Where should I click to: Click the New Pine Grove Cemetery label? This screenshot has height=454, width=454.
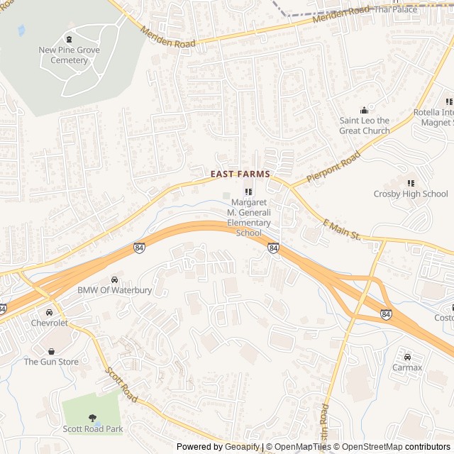[69, 55]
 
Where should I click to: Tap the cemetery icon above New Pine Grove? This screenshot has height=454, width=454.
[69, 39]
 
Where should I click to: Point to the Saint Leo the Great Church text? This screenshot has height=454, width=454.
[364, 126]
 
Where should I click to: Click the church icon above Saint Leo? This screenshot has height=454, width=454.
[364, 110]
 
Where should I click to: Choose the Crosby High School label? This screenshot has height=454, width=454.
[411, 194]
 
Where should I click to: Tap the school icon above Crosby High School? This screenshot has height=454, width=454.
[411, 183]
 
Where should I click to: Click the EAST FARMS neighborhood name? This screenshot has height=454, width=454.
[240, 174]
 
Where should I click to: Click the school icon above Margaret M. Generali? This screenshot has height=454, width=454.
[248, 192]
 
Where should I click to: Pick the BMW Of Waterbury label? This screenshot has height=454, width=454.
[114, 290]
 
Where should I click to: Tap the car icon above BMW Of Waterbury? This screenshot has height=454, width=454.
[114, 279]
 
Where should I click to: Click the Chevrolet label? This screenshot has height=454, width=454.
[49, 323]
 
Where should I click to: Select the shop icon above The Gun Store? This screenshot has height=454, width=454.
[52, 350]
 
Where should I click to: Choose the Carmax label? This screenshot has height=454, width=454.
[407, 367]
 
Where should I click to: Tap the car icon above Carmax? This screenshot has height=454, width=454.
[407, 357]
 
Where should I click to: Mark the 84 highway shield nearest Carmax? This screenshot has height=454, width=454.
[385, 314]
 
